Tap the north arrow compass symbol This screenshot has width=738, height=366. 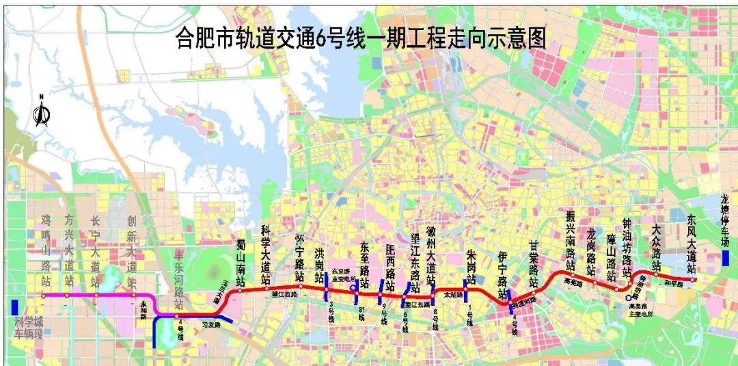coord(42,114)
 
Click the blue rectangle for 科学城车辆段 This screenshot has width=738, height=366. coord(14,307)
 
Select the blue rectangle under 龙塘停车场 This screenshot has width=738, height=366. coord(725,258)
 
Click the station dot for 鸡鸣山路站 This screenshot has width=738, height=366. coord(43,296)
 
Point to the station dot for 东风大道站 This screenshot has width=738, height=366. coord(693,279)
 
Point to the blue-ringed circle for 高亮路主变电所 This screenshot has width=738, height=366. coord(629,298)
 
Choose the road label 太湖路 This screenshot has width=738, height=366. coord(453,296)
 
